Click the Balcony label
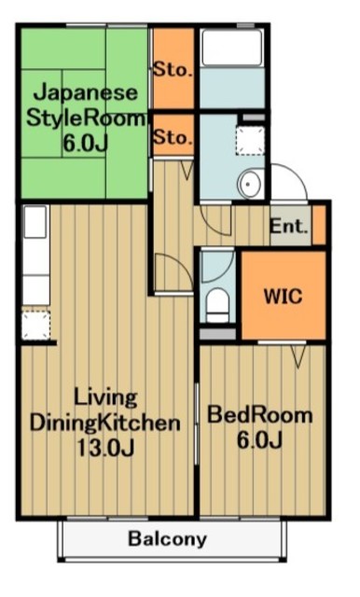(168, 539)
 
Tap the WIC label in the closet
(284, 296)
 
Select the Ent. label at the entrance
(288, 227)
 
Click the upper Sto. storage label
(173, 70)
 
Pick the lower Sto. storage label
(173, 137)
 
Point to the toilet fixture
(217, 306)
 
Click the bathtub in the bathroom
(232, 48)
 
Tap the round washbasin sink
(250, 185)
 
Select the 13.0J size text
(105, 448)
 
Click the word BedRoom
(259, 415)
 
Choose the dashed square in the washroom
(250, 141)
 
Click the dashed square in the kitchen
(35, 325)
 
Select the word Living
(105, 398)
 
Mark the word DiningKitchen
(105, 423)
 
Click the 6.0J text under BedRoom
(259, 440)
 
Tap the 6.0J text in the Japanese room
(85, 144)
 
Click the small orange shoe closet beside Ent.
(319, 225)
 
